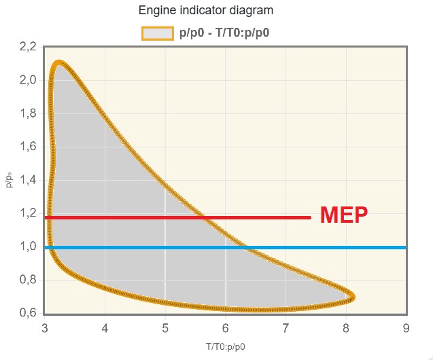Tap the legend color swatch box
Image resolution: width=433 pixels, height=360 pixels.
pos(157,33)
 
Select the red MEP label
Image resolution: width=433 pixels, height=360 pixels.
pos(343,215)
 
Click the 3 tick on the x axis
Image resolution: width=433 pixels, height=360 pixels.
pos(45,329)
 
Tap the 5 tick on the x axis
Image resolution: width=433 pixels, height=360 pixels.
pos(165,329)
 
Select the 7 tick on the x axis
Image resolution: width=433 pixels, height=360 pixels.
pos(285,329)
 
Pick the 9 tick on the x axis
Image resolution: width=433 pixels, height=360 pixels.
pos(406,329)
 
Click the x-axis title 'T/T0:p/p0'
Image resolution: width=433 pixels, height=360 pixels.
pos(226,347)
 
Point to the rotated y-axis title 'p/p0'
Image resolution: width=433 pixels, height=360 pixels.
pos(10,180)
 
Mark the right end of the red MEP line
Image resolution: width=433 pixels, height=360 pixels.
pos(309,217)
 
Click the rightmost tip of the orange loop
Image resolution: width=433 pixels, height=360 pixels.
pos(353,296)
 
